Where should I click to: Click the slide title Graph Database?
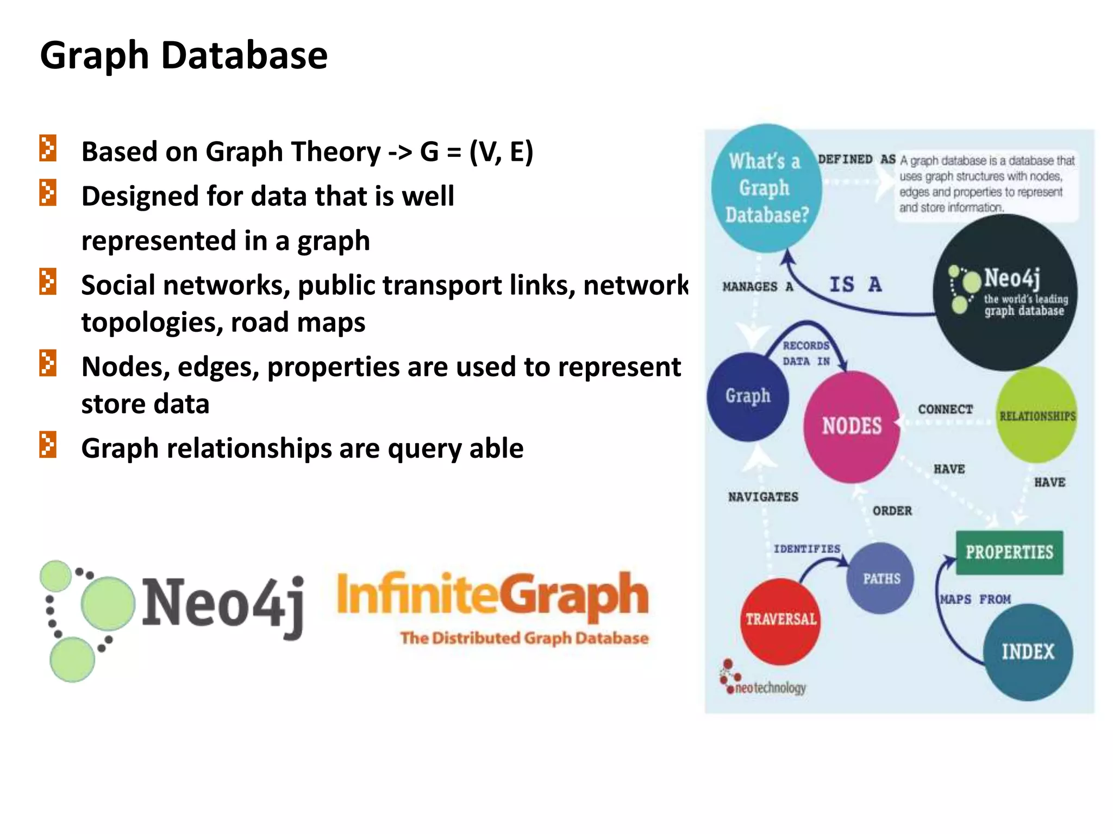(184, 55)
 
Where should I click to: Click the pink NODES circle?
(851, 427)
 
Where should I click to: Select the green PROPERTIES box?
(1009, 552)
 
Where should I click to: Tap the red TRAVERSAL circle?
(780, 621)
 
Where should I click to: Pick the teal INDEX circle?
(1028, 652)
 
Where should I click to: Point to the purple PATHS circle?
(881, 579)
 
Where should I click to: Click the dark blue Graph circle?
(748, 396)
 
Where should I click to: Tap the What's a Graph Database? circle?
(766, 188)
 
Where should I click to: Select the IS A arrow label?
(855, 285)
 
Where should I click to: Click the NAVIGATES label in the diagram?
(763, 497)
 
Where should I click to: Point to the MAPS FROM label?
(976, 599)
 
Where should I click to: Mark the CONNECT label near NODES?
(945, 409)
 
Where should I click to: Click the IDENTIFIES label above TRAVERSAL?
(806, 549)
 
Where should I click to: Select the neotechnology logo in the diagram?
(763, 681)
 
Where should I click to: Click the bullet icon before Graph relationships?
(48, 445)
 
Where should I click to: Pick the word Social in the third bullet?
(113, 286)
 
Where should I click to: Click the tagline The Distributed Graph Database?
(524, 638)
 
